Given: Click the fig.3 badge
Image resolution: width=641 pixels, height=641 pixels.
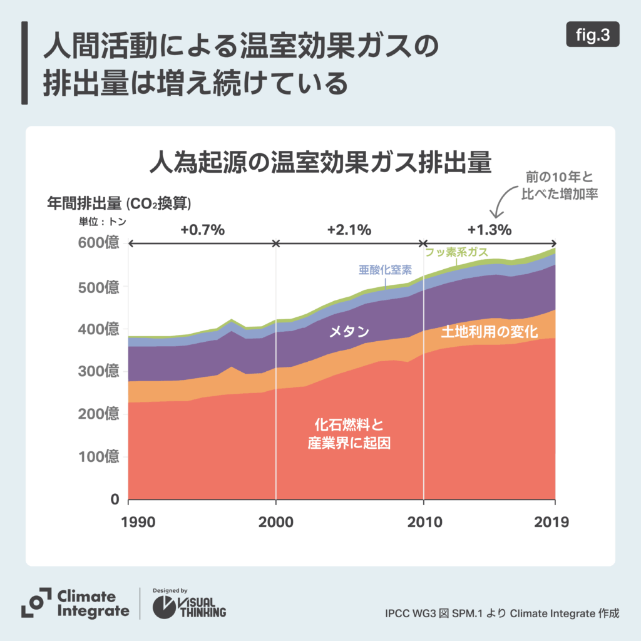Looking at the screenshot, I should point(592,36).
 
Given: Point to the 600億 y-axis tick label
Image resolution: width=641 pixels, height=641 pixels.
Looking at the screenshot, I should point(98,243).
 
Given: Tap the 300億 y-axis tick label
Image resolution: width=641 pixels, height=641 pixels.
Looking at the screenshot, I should point(98,371).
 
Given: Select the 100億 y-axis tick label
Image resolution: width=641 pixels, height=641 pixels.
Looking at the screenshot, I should point(98,457).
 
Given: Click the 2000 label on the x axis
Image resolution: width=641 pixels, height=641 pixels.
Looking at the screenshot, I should point(276,522).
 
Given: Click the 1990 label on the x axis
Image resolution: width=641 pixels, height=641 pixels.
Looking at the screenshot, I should point(128,522).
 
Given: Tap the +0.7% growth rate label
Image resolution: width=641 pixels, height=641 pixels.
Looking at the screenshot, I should point(202,229).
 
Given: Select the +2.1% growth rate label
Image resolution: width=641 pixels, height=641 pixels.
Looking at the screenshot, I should point(349,229).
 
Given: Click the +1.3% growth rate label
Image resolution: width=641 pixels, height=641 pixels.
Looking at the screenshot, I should point(490,229).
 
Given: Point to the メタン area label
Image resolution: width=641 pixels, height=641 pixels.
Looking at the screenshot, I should point(349,332).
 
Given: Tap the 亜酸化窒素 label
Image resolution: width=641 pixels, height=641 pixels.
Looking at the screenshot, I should point(385,270).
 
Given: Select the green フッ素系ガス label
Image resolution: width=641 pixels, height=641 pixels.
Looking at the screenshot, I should point(457,253).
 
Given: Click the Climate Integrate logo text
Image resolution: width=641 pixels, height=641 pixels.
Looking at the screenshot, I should point(93,603).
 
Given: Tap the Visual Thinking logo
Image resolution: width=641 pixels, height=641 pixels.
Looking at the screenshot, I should point(190,605).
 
